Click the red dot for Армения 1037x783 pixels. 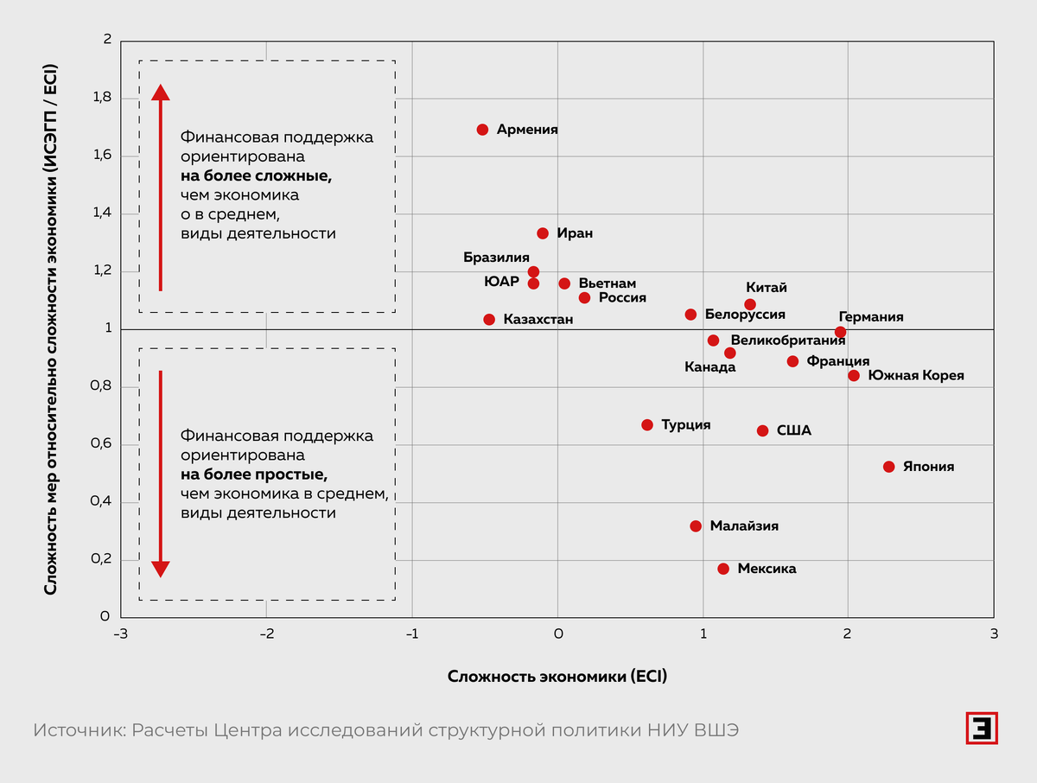tap(482, 130)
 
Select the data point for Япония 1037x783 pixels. tap(888, 467)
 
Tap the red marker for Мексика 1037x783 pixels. tap(723, 569)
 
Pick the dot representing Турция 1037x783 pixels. tap(647, 425)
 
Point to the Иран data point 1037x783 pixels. tap(543, 233)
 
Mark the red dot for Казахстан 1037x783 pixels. tap(489, 320)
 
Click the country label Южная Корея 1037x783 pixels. tap(915, 376)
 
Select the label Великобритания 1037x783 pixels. tap(787, 341)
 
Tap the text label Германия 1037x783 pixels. tap(870, 317)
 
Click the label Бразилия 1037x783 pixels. tap(496, 258)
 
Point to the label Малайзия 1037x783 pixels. tap(744, 525)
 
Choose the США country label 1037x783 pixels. tap(793, 430)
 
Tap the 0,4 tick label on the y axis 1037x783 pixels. tap(101, 502)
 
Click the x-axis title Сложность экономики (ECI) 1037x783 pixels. tap(557, 676)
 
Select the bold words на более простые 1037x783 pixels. tap(254, 474)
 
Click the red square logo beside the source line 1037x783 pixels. tap(981, 728)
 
